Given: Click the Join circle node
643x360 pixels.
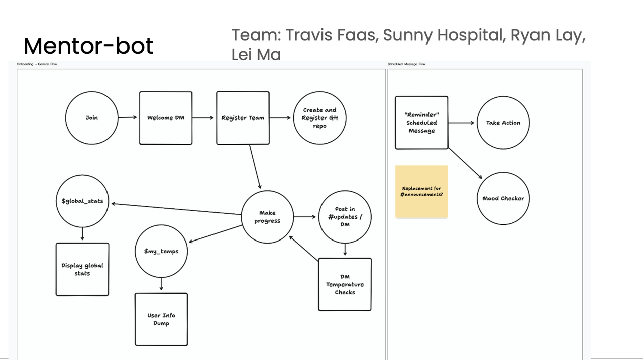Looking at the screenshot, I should pyautogui.click(x=91, y=118).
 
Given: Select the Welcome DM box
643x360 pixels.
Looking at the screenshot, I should pyautogui.click(x=166, y=118).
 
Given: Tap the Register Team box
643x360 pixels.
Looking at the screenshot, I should pyautogui.click(x=243, y=118).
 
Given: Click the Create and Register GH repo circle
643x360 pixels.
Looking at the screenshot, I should pyautogui.click(x=319, y=118).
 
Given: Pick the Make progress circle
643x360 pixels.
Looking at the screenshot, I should pyautogui.click(x=267, y=217).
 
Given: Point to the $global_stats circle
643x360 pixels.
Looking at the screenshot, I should pyautogui.click(x=82, y=201).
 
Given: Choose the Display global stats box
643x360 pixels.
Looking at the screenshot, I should pyautogui.click(x=82, y=269).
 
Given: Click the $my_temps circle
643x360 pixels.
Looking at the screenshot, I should pyautogui.click(x=161, y=251).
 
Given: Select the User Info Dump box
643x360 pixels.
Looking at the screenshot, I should pyautogui.click(x=161, y=319).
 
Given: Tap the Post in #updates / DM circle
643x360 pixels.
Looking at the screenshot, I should pyautogui.click(x=345, y=217).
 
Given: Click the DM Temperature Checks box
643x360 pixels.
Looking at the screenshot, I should pyautogui.click(x=345, y=284).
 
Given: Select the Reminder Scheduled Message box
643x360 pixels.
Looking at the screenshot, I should pyautogui.click(x=421, y=123).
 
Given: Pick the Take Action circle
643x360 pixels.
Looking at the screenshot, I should pyautogui.click(x=503, y=123).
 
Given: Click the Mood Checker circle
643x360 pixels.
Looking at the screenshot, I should pyautogui.click(x=503, y=198).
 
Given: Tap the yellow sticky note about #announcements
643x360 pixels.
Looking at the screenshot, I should pyautogui.click(x=421, y=192).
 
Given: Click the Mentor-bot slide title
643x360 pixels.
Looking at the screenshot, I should pyautogui.click(x=88, y=46).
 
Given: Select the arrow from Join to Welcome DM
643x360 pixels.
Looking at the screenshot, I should pyautogui.click(x=128, y=118).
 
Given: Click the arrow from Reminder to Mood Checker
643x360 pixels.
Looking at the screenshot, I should pyautogui.click(x=465, y=163).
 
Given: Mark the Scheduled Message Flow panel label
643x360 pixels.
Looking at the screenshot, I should pyautogui.click(x=406, y=64).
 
